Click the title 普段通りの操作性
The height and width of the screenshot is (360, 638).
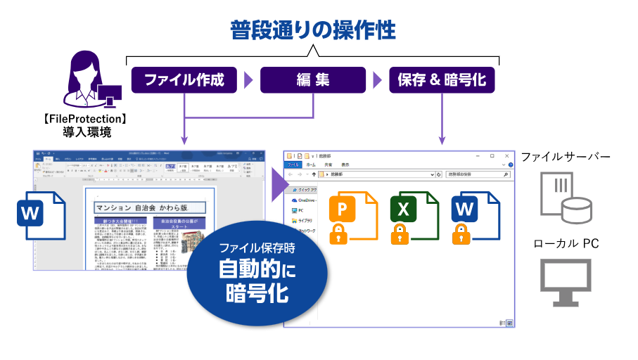tap(313, 30)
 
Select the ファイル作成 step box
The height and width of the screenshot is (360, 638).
tap(184, 80)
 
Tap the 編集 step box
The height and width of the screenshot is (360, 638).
tap(313, 80)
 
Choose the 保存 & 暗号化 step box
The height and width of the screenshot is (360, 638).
tap(442, 80)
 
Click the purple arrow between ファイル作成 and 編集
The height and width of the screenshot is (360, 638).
tap(248, 80)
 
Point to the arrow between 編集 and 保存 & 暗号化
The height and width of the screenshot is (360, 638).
tap(377, 80)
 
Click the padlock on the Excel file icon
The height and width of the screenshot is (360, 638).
tap(400, 233)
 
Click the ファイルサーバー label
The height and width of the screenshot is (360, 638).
tap(575, 155)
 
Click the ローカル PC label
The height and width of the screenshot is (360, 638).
tap(566, 244)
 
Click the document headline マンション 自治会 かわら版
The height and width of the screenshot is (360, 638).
tap(149, 207)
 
